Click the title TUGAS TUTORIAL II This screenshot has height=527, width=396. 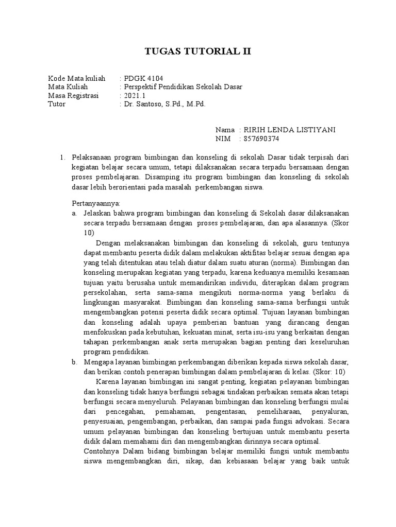[198, 52]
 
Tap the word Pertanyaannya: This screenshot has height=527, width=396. [96, 203]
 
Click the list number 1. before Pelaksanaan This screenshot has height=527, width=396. [63, 157]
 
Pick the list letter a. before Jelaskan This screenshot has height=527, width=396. [75, 213]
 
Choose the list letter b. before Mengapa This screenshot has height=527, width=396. [75, 362]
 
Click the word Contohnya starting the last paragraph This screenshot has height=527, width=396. [100, 451]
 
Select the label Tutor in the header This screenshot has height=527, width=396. [57, 104]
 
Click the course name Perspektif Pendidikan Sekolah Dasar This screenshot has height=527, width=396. [184, 86]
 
